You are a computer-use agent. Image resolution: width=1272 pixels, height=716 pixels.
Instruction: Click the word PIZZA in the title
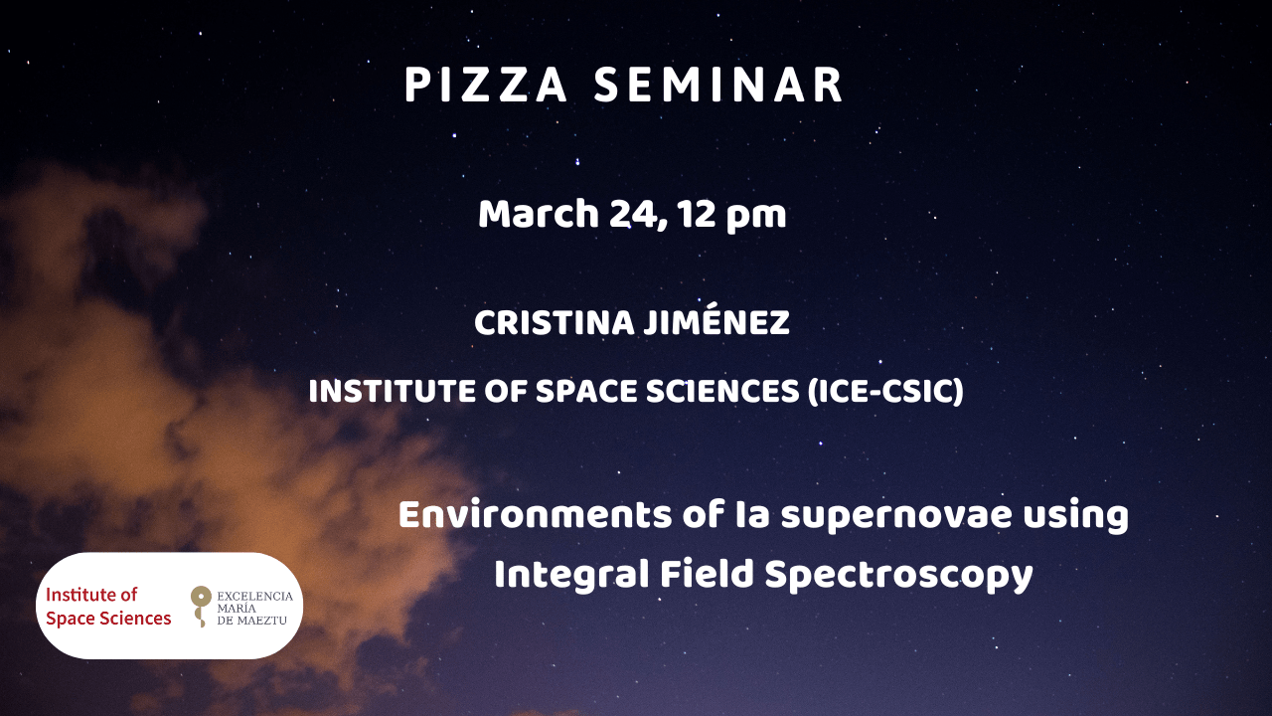click(486, 85)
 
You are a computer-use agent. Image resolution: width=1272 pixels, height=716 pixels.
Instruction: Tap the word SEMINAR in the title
click(718, 85)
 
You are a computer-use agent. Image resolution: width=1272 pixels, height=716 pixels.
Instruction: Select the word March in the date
click(539, 214)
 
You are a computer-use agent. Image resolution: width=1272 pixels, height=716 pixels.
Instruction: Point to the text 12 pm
click(732, 217)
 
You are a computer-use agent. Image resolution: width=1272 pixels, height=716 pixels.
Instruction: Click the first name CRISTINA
click(555, 323)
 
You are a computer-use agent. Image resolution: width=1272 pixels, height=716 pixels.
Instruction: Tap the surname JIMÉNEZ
click(717, 320)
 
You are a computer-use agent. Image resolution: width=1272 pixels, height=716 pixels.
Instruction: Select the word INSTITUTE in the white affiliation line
click(393, 392)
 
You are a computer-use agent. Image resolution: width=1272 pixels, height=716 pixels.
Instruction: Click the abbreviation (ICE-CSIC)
click(885, 392)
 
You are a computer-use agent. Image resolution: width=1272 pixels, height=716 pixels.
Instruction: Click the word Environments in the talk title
click(536, 515)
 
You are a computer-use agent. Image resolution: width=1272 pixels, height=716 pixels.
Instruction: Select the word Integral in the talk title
click(571, 574)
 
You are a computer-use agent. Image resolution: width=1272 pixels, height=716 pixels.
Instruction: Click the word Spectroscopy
click(898, 576)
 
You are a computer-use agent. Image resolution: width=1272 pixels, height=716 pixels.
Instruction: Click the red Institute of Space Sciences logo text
click(108, 607)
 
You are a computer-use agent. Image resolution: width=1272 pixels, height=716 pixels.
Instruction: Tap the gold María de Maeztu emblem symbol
click(201, 607)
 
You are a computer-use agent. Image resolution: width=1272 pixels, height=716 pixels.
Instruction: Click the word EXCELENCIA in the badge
click(255, 596)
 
